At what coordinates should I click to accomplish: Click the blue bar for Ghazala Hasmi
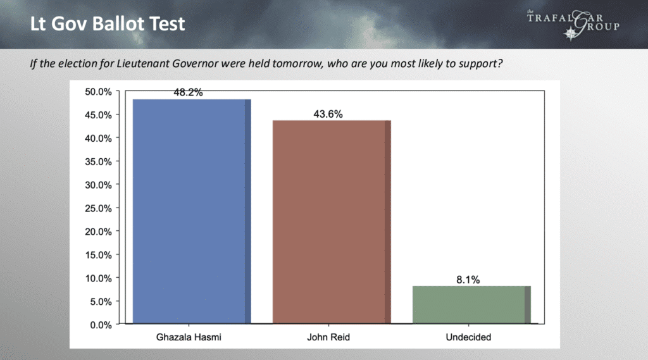pyautogui.click(x=192, y=211)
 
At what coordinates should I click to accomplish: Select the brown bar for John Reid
pyautogui.click(x=332, y=222)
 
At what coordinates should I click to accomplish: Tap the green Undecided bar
pyautogui.click(x=471, y=304)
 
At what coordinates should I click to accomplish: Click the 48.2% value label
pyautogui.click(x=188, y=92)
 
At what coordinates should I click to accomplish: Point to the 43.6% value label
pyautogui.click(x=328, y=114)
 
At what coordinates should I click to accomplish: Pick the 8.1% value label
pyautogui.click(x=468, y=280)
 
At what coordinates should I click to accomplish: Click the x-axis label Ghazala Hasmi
pyautogui.click(x=189, y=337)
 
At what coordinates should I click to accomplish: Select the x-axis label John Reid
pyautogui.click(x=328, y=337)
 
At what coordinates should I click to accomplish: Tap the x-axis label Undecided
pyautogui.click(x=468, y=337)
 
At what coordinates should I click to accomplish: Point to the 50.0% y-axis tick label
pyautogui.click(x=98, y=92)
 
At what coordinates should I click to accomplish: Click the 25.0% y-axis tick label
pyautogui.click(x=98, y=208)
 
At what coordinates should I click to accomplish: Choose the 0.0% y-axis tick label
pyautogui.click(x=101, y=325)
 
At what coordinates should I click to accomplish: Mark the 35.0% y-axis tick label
pyautogui.click(x=98, y=161)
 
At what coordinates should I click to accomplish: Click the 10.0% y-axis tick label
pyautogui.click(x=98, y=278)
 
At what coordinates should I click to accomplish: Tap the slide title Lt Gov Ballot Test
pyautogui.click(x=108, y=23)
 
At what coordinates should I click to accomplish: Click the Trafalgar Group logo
pyautogui.click(x=573, y=25)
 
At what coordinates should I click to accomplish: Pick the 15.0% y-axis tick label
pyautogui.click(x=98, y=255)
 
